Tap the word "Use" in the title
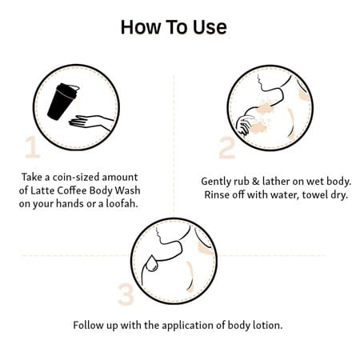tap(210, 27)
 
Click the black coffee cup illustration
tap(63, 102)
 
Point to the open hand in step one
tap(90, 122)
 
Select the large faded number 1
tap(33, 147)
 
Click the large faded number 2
tap(227, 148)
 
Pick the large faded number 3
tap(126, 294)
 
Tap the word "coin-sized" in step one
tap(76, 177)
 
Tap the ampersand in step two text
tap(256, 182)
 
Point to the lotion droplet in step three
tap(152, 263)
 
